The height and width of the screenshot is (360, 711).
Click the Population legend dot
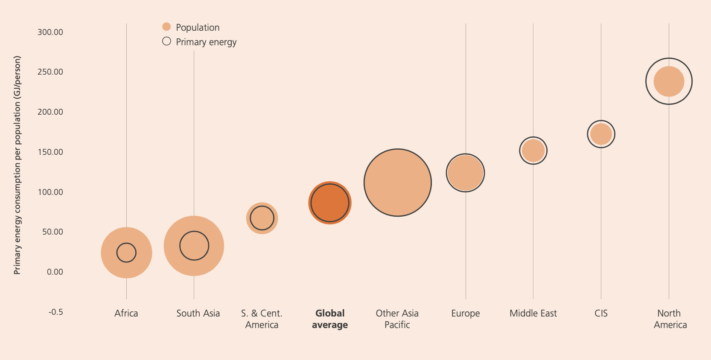[x=166, y=27]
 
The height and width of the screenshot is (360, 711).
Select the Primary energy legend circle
[x=166, y=41]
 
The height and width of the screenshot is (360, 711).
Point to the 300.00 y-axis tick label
[x=50, y=32]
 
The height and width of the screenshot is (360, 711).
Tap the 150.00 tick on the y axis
[x=50, y=152]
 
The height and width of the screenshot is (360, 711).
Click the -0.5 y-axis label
[x=55, y=312]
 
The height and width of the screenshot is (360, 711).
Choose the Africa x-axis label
[x=126, y=314]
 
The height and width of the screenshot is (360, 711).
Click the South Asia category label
[x=198, y=314]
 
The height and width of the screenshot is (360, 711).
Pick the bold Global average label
[x=330, y=319]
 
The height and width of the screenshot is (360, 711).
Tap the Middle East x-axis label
[x=533, y=314]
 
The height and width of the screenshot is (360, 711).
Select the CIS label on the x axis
[x=601, y=314]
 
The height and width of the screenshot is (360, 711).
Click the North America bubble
[x=669, y=81]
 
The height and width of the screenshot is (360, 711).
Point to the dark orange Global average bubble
[x=330, y=203]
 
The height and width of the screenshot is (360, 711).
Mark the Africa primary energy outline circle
[x=126, y=253]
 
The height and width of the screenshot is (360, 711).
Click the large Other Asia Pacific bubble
[x=398, y=183]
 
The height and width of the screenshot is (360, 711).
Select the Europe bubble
[x=465, y=173]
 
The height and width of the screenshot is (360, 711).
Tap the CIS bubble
[x=601, y=134]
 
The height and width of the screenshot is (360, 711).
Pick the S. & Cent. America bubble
[x=262, y=218]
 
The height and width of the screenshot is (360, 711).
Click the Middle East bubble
[x=533, y=151]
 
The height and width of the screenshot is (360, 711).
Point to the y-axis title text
[x=17, y=165]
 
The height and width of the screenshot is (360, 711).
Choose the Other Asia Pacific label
[x=397, y=319]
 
